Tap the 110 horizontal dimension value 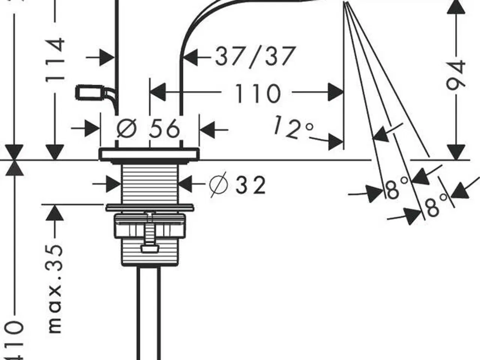tap(258, 93)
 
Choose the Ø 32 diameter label tap(237, 185)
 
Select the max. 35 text tap(55, 289)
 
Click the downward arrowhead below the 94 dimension tap(456, 152)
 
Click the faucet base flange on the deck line tap(149, 154)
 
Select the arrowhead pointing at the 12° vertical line tap(336, 141)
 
